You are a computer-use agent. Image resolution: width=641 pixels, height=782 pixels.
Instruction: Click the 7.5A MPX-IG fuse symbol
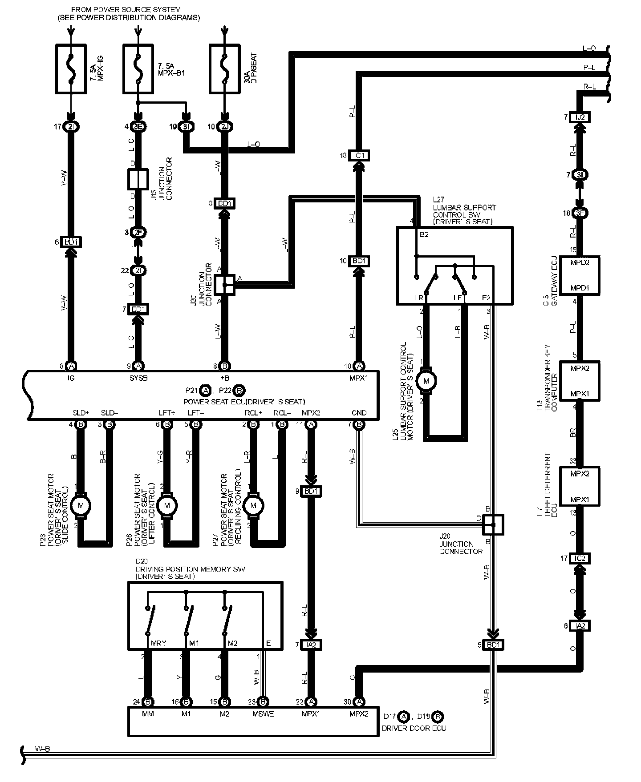pos(71,69)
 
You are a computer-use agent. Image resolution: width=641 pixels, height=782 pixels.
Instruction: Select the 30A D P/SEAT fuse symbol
pos(224,69)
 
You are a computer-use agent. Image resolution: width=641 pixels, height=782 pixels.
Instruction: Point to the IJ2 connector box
pos(580,117)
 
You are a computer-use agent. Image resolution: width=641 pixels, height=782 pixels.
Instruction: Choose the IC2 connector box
pos(580,558)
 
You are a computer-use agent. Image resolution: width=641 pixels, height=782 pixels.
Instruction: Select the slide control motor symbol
pos(81,505)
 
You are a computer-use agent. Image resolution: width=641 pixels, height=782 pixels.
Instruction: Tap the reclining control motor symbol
pos(253,505)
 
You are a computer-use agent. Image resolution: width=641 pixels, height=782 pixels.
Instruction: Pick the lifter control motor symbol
pos(167,505)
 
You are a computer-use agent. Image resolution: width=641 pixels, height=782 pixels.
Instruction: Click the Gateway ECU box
pos(580,275)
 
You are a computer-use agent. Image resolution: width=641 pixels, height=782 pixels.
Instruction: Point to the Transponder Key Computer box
pos(580,381)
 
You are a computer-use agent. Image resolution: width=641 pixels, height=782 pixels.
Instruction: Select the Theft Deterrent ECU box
pos(580,486)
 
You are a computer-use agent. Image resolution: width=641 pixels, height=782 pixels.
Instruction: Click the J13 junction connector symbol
pos(138,180)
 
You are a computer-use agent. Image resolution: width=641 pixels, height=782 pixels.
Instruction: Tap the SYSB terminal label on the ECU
pos(138,378)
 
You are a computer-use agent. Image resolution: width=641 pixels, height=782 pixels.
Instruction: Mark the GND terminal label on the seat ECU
pos(359,412)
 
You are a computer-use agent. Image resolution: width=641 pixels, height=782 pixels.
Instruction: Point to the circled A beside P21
pos(205,391)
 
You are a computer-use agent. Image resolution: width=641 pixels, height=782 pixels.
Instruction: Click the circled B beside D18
pos(438,717)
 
